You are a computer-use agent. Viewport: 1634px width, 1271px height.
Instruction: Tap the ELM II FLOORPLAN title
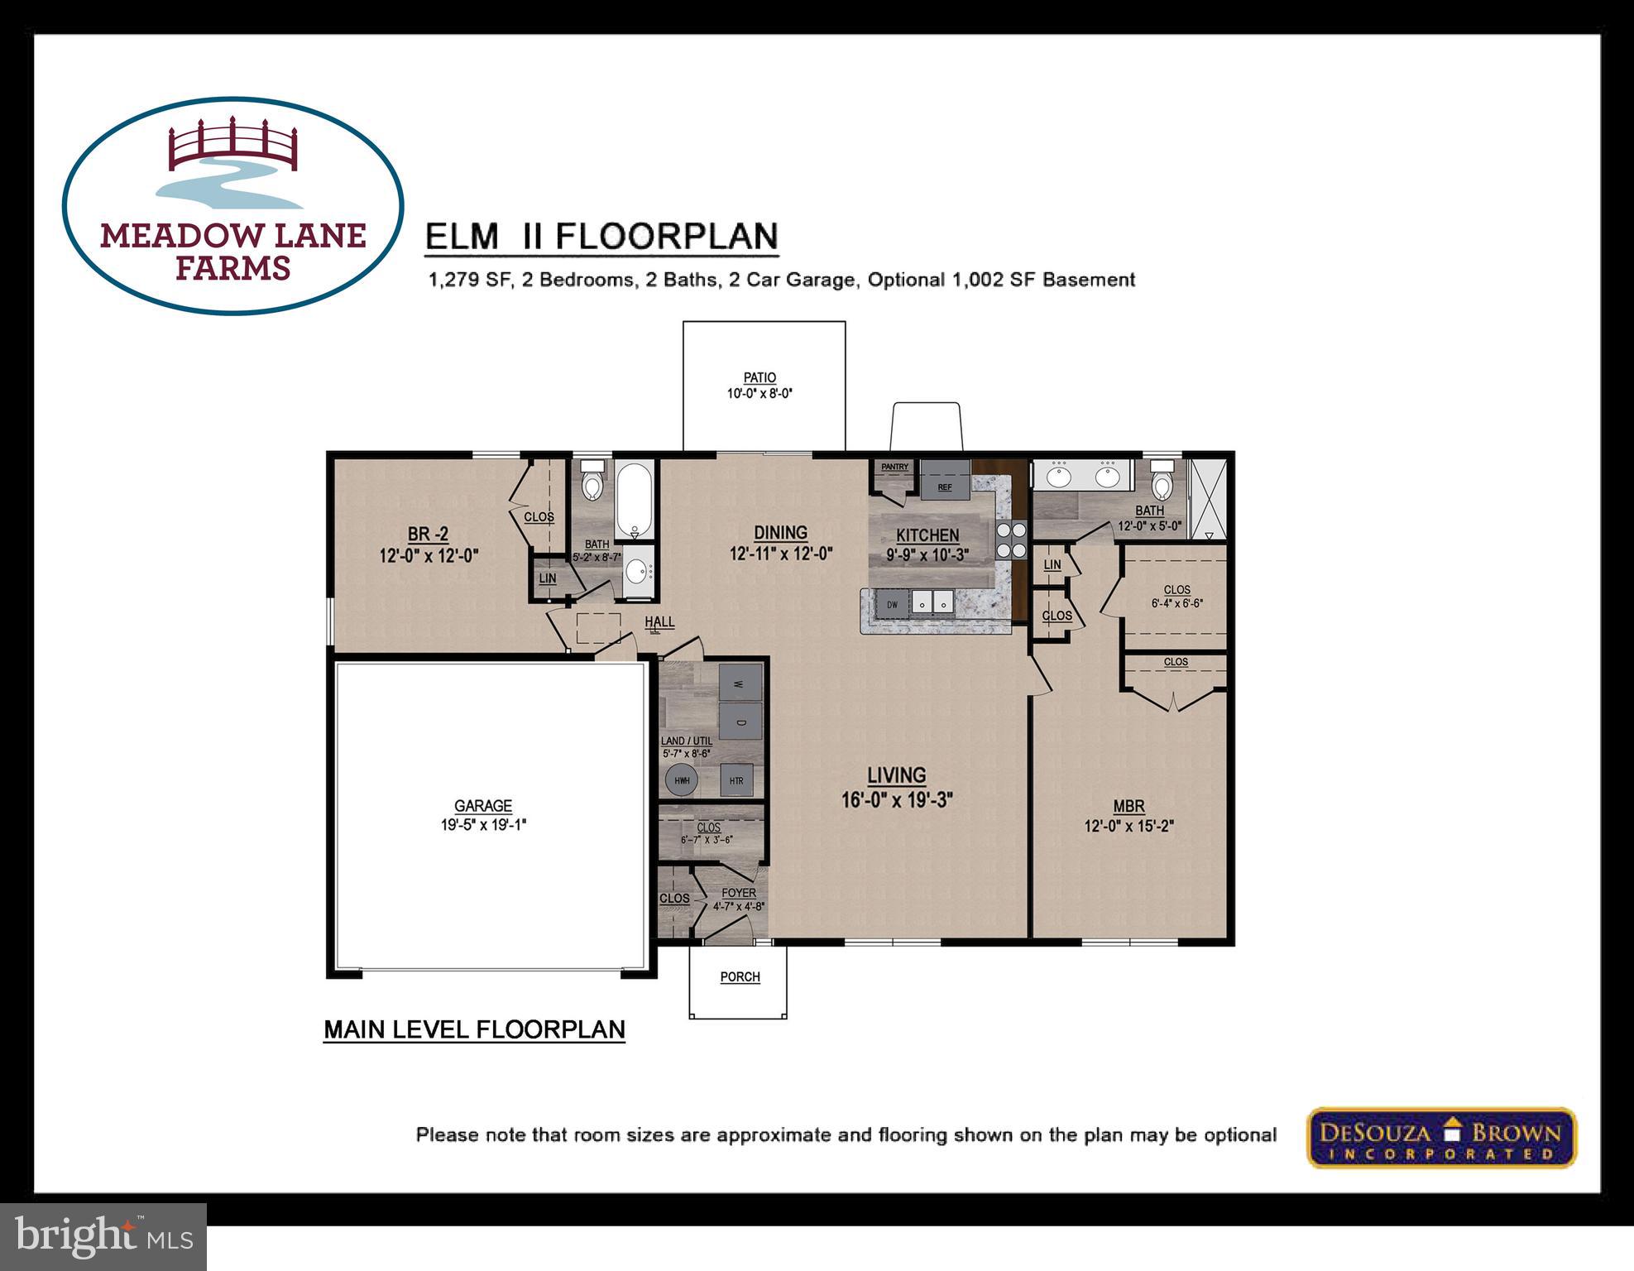pyautogui.click(x=601, y=237)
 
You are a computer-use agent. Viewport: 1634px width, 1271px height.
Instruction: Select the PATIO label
pyautogui.click(x=759, y=378)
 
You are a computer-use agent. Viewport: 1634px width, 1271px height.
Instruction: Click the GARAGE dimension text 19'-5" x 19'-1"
pyautogui.click(x=483, y=824)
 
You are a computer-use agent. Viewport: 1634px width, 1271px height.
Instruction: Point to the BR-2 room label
pyautogui.click(x=428, y=535)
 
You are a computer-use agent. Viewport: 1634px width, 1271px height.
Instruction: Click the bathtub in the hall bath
pyautogui.click(x=635, y=501)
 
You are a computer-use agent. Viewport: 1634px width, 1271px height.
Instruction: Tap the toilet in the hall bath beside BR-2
pyautogui.click(x=592, y=482)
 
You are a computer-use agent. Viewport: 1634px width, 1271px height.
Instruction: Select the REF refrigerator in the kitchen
pyautogui.click(x=945, y=481)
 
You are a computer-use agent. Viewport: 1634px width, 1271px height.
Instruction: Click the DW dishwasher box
pyautogui.click(x=893, y=604)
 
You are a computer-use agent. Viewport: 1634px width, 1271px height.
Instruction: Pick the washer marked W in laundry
pyautogui.click(x=740, y=683)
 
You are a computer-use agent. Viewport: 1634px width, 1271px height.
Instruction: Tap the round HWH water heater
pyautogui.click(x=682, y=779)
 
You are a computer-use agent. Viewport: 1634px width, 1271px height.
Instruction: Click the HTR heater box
pyautogui.click(x=736, y=779)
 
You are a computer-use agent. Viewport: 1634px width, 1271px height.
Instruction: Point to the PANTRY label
pyautogui.click(x=894, y=468)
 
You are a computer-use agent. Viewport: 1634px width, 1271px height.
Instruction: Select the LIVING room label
pyautogui.click(x=896, y=776)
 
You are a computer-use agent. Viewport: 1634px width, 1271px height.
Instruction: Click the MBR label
pyautogui.click(x=1128, y=806)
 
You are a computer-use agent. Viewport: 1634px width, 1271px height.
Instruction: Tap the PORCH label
pyautogui.click(x=740, y=976)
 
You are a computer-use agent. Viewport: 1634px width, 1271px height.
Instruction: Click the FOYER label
pyautogui.click(x=738, y=893)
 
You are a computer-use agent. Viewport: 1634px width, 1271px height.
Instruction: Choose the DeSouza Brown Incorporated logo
pyautogui.click(x=1441, y=1138)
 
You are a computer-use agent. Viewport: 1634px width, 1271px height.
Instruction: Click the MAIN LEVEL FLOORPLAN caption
pyautogui.click(x=474, y=1029)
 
